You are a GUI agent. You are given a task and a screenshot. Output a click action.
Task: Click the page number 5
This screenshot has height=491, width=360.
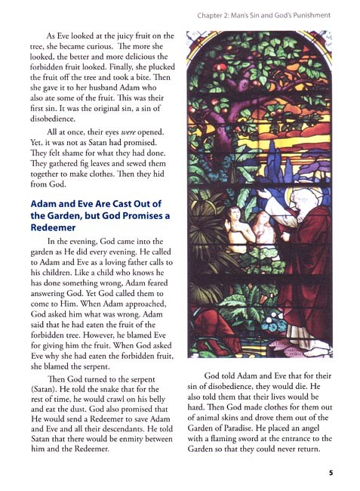pos(331,474)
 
